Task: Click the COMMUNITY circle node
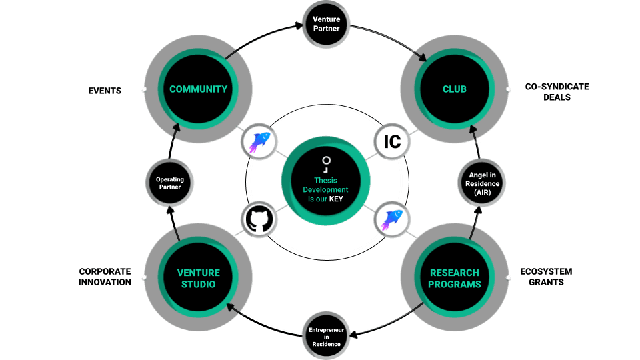point(198,89)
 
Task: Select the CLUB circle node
point(454,89)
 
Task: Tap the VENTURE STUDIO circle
point(198,277)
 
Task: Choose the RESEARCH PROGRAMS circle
point(454,278)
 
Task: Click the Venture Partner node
point(326,24)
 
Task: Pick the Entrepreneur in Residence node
point(326,335)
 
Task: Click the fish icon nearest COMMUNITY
point(259,141)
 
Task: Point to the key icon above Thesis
point(326,163)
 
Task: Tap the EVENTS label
point(105,90)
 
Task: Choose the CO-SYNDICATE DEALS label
point(547,92)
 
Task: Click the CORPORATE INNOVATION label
point(105,277)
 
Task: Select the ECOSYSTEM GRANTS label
point(546,277)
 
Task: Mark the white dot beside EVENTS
point(143,89)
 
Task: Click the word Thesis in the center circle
point(326,180)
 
